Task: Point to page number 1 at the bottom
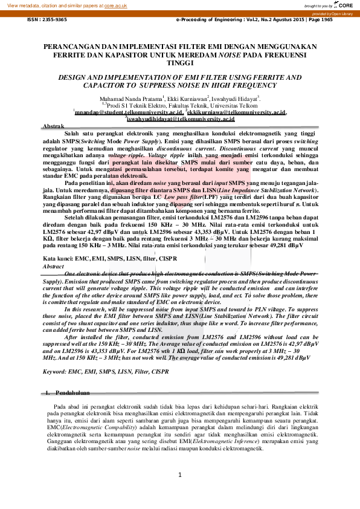point(180,475)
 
